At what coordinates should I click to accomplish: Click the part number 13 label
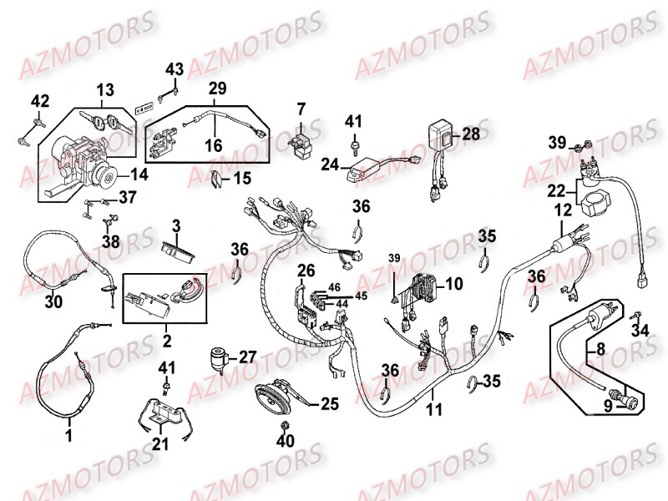point(105,91)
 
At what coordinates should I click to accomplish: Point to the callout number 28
point(471,134)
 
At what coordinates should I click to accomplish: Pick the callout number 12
point(563,209)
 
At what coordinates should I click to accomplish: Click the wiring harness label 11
point(434,410)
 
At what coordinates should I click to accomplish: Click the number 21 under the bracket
point(160,444)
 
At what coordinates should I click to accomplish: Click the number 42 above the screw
point(40,102)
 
